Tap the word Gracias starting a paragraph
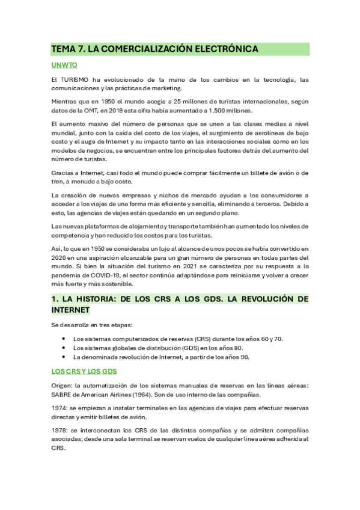(x=64, y=173)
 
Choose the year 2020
(x=59, y=257)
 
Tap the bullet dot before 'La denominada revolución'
(x=63, y=357)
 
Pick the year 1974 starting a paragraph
(x=59, y=408)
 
